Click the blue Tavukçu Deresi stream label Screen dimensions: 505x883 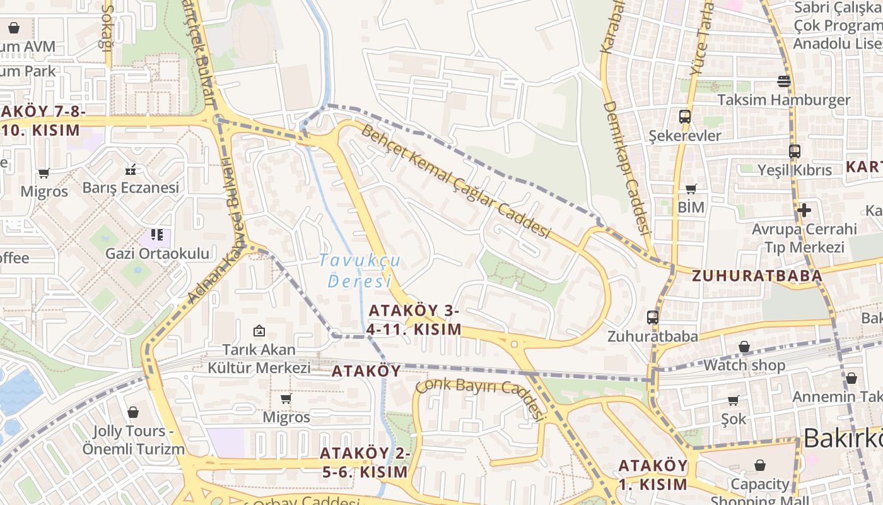point(360,270)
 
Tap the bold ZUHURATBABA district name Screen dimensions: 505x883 point(757,276)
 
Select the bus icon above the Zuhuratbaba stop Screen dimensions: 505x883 point(653,318)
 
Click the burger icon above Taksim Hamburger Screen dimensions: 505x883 point(784,81)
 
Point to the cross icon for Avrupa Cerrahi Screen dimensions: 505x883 point(804,210)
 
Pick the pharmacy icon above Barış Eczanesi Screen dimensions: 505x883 point(131,169)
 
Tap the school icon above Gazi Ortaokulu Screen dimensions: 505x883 point(157,235)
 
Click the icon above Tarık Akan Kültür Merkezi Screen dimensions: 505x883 point(259,330)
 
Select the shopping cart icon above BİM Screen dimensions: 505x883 point(691,188)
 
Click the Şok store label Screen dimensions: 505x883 point(734,419)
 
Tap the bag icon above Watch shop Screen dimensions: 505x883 point(744,347)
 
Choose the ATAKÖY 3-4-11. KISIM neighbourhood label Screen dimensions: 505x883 point(414,320)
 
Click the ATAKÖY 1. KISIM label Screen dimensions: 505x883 point(653,475)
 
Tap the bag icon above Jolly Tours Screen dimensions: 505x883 point(133,412)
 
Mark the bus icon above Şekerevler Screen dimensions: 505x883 point(684,116)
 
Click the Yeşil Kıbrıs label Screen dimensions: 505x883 point(795,170)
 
